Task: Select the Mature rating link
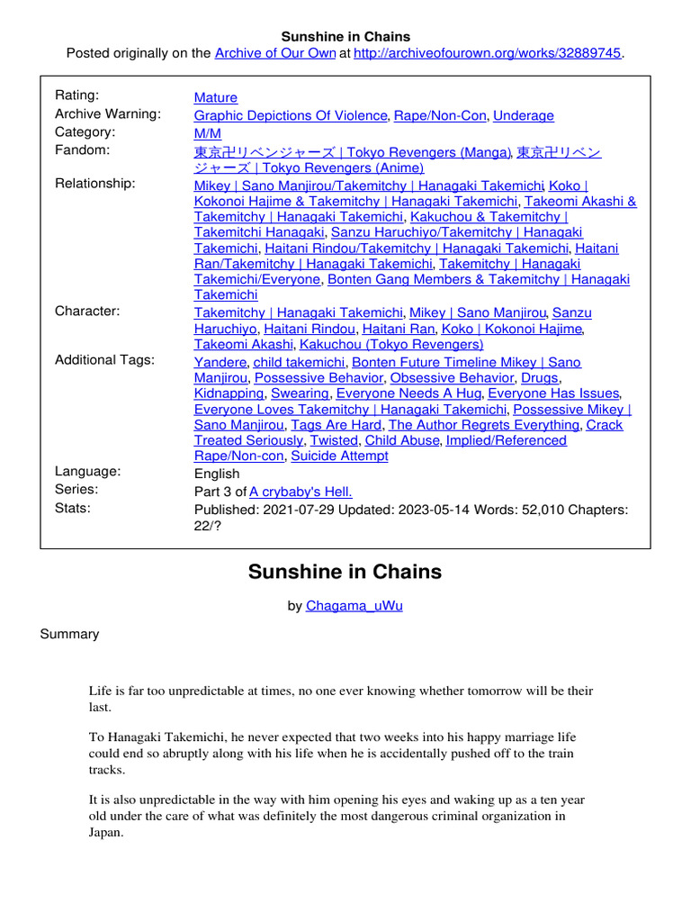[216, 97]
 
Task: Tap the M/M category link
[207, 133]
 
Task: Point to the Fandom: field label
[82, 150]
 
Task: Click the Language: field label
[87, 471]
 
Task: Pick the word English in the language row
[217, 474]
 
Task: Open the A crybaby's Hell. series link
[301, 492]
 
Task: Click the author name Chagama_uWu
[354, 606]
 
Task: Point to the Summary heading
[69, 634]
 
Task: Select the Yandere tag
[220, 362]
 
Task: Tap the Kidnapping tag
[229, 393]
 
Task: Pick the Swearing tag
[300, 393]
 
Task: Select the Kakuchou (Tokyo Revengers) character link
[391, 344]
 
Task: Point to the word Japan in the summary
[104, 833]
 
